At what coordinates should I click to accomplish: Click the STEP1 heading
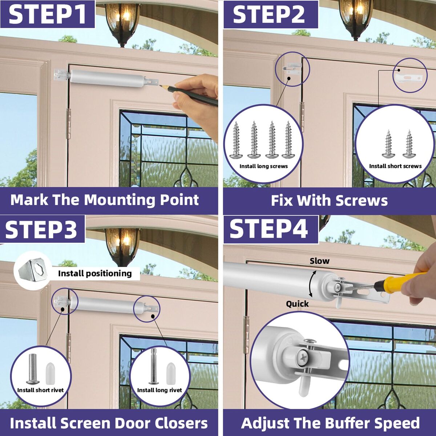(48, 15)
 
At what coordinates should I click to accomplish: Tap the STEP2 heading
(269, 15)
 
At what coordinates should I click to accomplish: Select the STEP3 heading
(41, 229)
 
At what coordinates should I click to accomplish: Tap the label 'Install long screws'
(263, 166)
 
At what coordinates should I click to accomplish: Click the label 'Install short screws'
(395, 166)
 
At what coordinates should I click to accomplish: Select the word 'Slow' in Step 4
(319, 261)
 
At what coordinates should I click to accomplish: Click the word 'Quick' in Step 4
(297, 304)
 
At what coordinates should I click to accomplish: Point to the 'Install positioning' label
(95, 274)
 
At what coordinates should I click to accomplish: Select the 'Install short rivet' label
(40, 390)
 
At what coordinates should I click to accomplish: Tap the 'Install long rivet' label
(160, 390)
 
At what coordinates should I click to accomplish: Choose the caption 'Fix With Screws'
(329, 201)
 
